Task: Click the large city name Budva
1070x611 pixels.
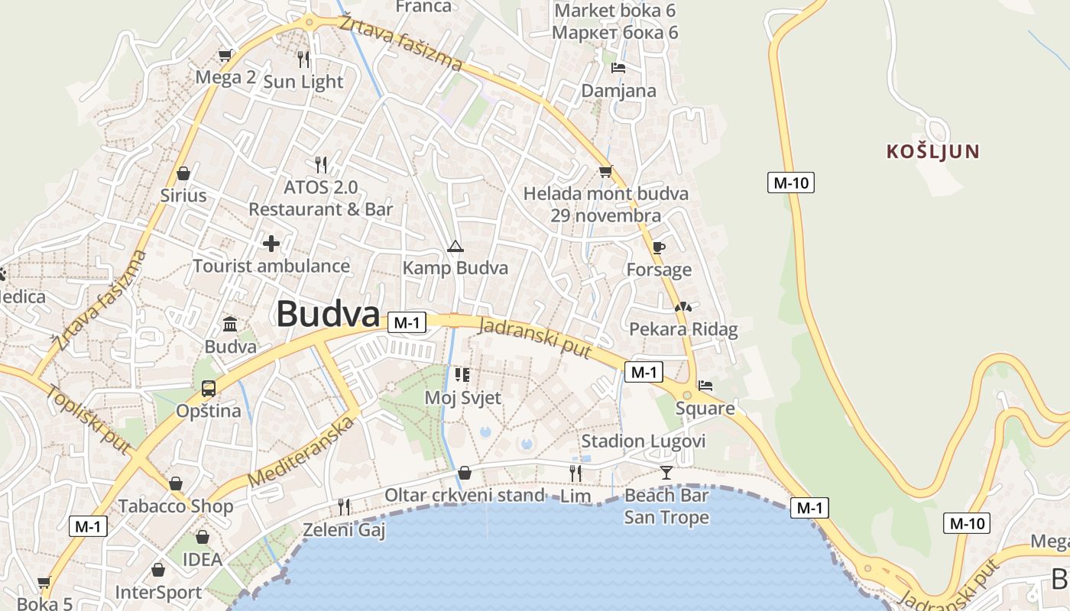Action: tap(328, 314)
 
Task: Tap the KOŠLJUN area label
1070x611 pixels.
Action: tap(932, 151)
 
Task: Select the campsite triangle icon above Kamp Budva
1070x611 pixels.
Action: tap(456, 246)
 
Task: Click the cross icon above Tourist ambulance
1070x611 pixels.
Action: tap(271, 244)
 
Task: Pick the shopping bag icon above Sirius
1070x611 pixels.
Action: tap(183, 173)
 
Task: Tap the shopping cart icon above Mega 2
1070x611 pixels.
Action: tap(225, 55)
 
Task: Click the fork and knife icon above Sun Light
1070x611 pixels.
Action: tap(303, 59)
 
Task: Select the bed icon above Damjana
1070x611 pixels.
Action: tap(618, 68)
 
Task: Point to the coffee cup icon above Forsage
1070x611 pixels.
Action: tap(659, 247)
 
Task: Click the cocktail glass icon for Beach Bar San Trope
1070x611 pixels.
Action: tap(666, 473)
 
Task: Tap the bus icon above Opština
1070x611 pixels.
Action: tap(209, 388)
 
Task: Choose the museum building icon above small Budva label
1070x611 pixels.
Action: tap(230, 324)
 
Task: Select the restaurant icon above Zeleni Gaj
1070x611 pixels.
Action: tap(344, 506)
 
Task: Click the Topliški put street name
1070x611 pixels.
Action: tap(89, 419)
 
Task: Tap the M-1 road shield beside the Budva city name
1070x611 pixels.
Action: tap(406, 323)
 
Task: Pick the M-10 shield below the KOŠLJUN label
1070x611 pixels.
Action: tap(790, 183)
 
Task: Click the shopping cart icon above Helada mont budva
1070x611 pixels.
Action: tap(605, 171)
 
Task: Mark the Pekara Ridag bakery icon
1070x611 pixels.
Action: tap(683, 307)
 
